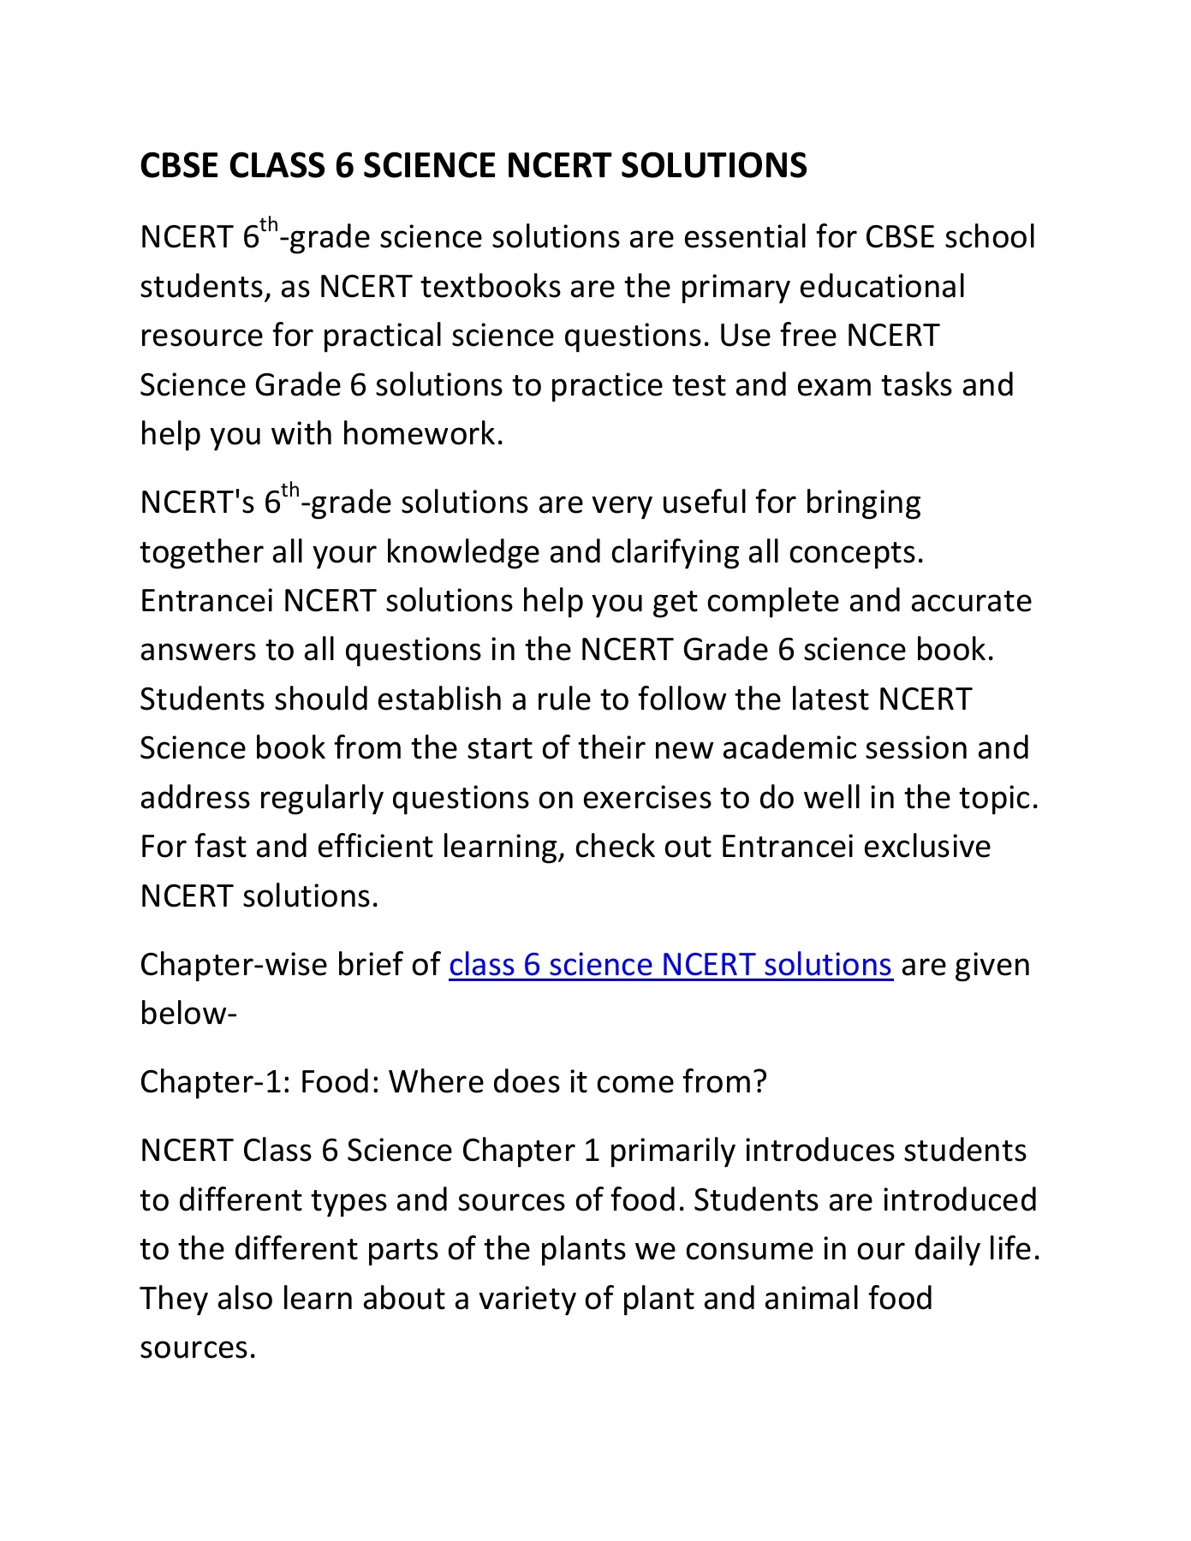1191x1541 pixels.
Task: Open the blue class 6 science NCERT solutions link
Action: click(670, 965)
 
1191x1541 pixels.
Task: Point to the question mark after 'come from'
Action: click(758, 1082)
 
